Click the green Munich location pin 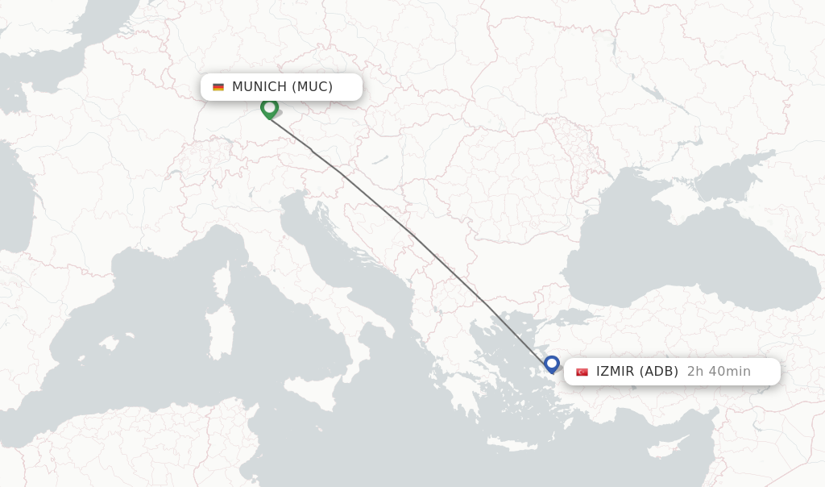[x=269, y=107]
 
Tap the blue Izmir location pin [x=551, y=364]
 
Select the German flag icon [x=218, y=87]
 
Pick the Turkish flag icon [x=582, y=372]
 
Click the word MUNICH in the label [x=259, y=87]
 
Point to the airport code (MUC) [x=312, y=87]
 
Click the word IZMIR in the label [x=615, y=372]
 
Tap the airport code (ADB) [x=659, y=372]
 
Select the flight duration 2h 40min [x=719, y=372]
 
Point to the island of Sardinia [x=217, y=331]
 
